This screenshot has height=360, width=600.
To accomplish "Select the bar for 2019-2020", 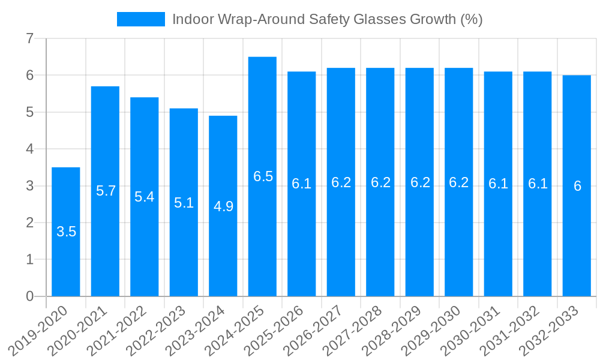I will tap(66, 232).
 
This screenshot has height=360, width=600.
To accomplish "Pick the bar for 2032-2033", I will tap(577, 185).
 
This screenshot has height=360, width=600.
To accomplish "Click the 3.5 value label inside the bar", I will tap(66, 232).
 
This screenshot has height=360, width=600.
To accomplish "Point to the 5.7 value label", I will tap(106, 191).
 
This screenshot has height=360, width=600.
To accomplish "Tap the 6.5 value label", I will tap(263, 176).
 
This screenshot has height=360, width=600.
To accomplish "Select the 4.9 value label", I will tap(223, 206).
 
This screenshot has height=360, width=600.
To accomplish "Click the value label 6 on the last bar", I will tap(577, 186).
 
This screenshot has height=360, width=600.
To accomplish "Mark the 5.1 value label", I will tap(184, 203).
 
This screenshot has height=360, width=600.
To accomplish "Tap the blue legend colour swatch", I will tap(141, 19).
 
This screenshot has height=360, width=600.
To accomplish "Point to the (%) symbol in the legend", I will tap(471, 19).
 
